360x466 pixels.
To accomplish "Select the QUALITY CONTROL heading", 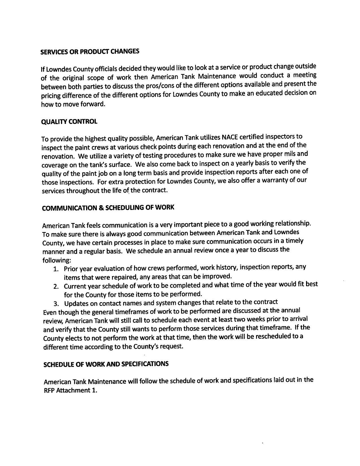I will tap(69, 122).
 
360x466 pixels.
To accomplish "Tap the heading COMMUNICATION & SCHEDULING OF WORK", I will tap(108, 208).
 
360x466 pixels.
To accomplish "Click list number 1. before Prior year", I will tap(56, 269).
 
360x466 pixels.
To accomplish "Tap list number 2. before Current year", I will tap(56, 287).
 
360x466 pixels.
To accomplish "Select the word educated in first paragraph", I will tap(271, 93).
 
